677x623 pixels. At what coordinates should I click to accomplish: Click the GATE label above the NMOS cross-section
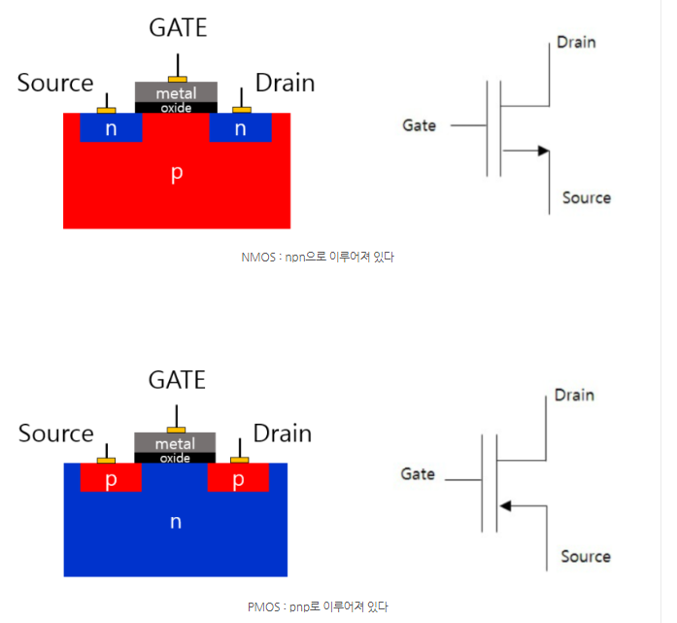point(178,27)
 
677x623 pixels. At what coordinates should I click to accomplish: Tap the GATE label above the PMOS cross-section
point(178,380)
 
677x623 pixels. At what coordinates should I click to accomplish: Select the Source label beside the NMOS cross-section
point(55,84)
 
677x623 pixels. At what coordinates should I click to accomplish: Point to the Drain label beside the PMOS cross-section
point(282,433)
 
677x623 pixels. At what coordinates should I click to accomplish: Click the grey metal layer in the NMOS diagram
point(176,92)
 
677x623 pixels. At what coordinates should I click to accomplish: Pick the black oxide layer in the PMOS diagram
point(175,458)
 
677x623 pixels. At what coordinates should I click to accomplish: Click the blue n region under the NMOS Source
point(111,128)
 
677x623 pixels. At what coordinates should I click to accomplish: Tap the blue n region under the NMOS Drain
point(240,128)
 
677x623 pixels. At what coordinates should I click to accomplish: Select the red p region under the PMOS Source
point(111,480)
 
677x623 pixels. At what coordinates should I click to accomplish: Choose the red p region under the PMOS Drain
point(238,480)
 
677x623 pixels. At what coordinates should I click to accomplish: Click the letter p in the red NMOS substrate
point(176,173)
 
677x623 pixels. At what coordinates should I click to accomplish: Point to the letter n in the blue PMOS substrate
point(175,523)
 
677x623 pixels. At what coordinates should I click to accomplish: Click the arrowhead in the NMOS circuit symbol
point(543,151)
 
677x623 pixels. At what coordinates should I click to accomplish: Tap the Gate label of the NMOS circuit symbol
point(420,125)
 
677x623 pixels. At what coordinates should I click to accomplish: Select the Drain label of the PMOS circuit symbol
point(574,396)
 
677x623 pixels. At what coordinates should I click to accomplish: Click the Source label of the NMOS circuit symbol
point(587,198)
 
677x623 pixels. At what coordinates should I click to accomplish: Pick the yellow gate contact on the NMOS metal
point(176,79)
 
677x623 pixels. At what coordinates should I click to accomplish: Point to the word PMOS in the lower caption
point(265,606)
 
